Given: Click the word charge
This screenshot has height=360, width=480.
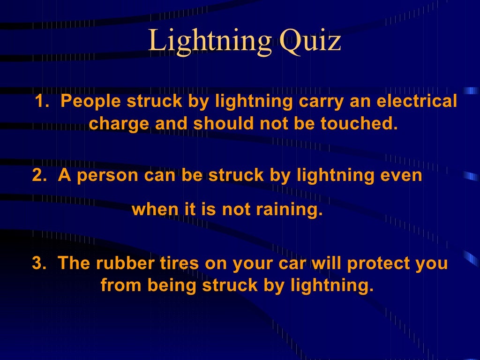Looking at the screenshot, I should [x=119, y=124].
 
